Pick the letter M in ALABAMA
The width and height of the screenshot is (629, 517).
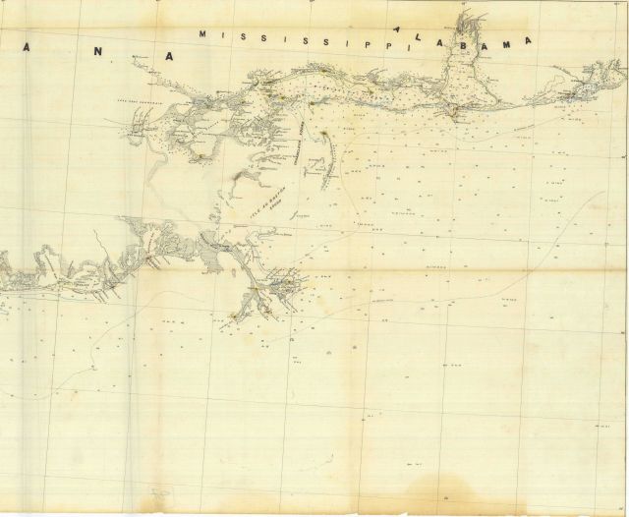pos(508,40)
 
